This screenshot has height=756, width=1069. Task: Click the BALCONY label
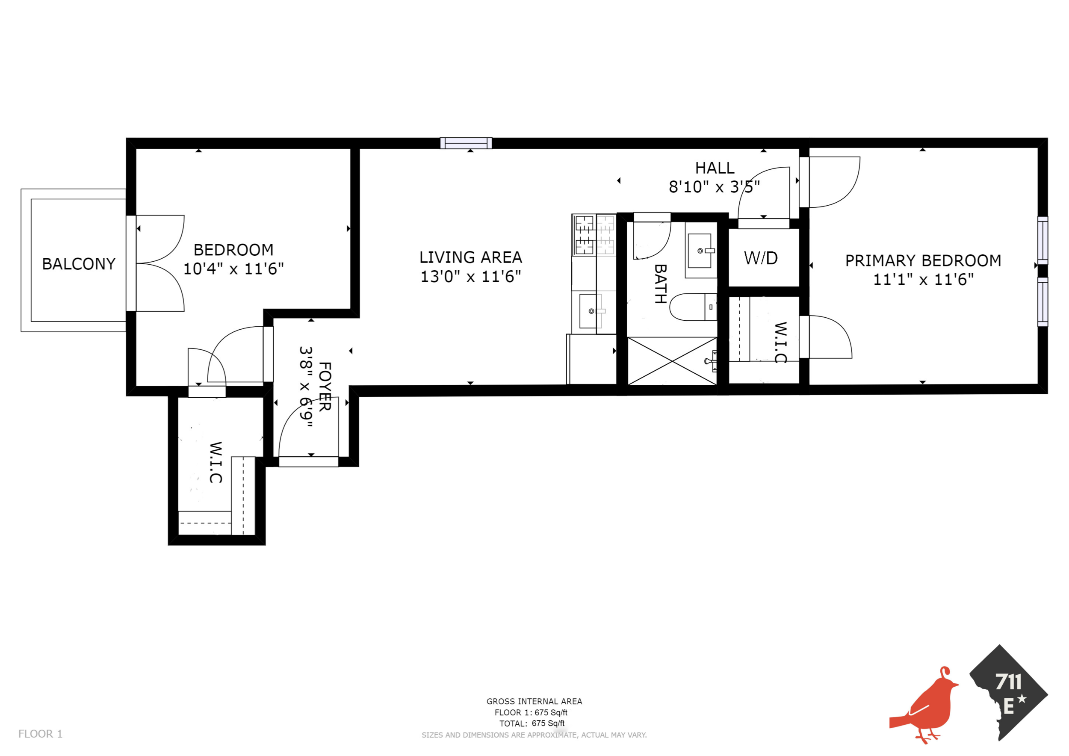79,264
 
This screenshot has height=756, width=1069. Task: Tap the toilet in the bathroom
692,307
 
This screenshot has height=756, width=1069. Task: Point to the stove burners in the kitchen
594,235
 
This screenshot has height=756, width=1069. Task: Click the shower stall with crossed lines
672,361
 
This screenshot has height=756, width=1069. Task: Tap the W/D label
761,258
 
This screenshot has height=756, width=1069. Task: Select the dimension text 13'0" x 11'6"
470,277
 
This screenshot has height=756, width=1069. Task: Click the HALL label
715,168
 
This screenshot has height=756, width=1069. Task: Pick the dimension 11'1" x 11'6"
923,280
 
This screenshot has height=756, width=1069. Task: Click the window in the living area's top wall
466,143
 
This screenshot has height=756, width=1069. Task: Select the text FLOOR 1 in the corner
40,734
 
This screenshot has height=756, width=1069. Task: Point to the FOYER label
325,387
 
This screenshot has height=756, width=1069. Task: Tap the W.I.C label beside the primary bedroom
780,342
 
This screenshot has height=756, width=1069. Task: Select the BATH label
660,284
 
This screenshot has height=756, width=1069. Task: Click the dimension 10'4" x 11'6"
233,269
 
